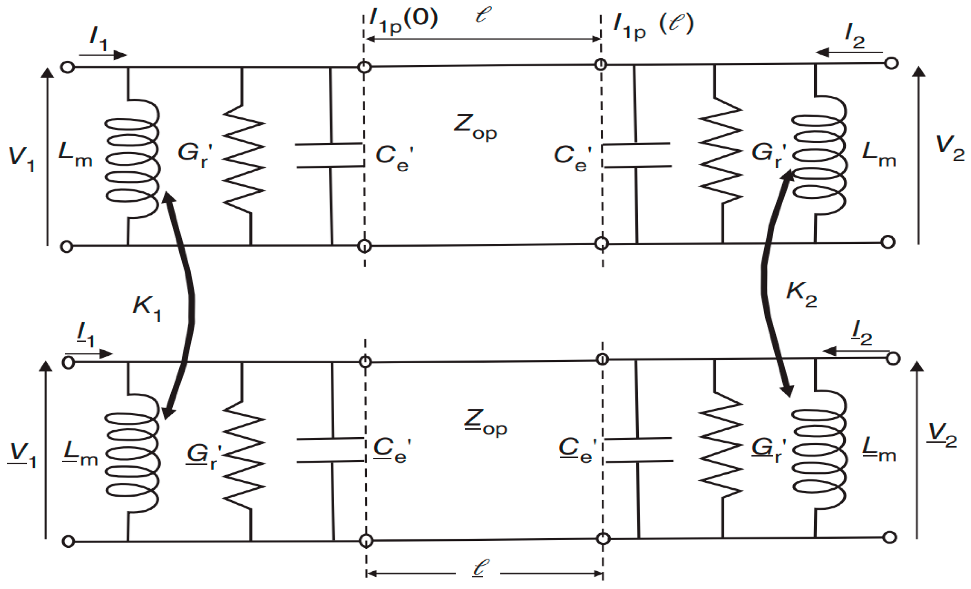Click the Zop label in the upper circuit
click(x=475, y=127)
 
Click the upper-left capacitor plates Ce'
click(x=330, y=156)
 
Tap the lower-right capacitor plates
click(x=639, y=450)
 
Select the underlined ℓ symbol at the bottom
click(x=481, y=568)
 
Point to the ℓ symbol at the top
click(x=483, y=15)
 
